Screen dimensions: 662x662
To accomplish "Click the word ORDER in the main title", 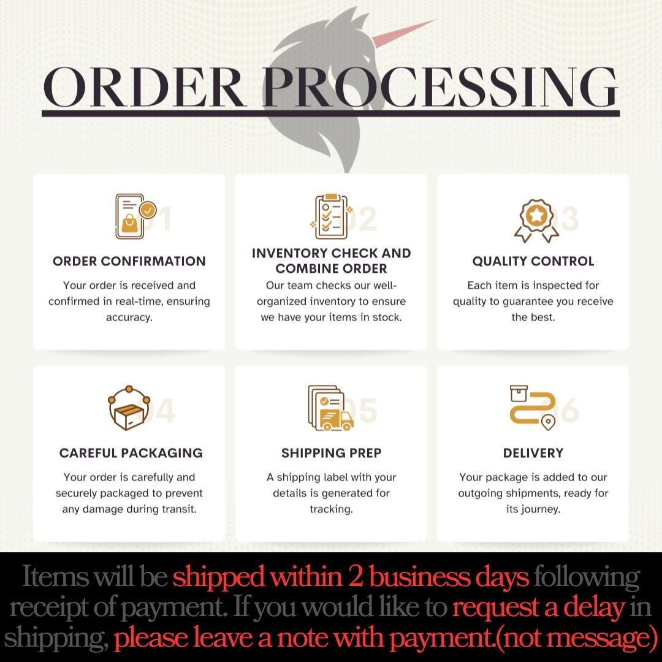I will (145, 88).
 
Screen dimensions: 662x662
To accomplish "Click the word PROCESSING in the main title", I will (440, 88).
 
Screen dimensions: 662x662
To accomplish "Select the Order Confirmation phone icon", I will (134, 216).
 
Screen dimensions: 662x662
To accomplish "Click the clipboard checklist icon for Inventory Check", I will (331, 216).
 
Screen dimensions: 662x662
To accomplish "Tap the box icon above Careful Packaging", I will (129, 408).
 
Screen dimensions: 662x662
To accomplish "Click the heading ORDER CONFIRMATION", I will (129, 261).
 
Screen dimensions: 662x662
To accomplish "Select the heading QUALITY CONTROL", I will (533, 261).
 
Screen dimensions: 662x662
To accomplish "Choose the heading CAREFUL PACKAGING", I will (131, 453).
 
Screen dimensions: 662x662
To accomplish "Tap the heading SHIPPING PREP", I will (331, 453).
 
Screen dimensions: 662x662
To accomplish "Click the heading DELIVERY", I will (533, 453).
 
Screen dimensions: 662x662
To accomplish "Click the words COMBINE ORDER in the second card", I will (331, 268).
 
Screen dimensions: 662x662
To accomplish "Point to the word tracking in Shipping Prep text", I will (331, 509).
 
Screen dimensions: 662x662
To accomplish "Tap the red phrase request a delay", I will (538, 607).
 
